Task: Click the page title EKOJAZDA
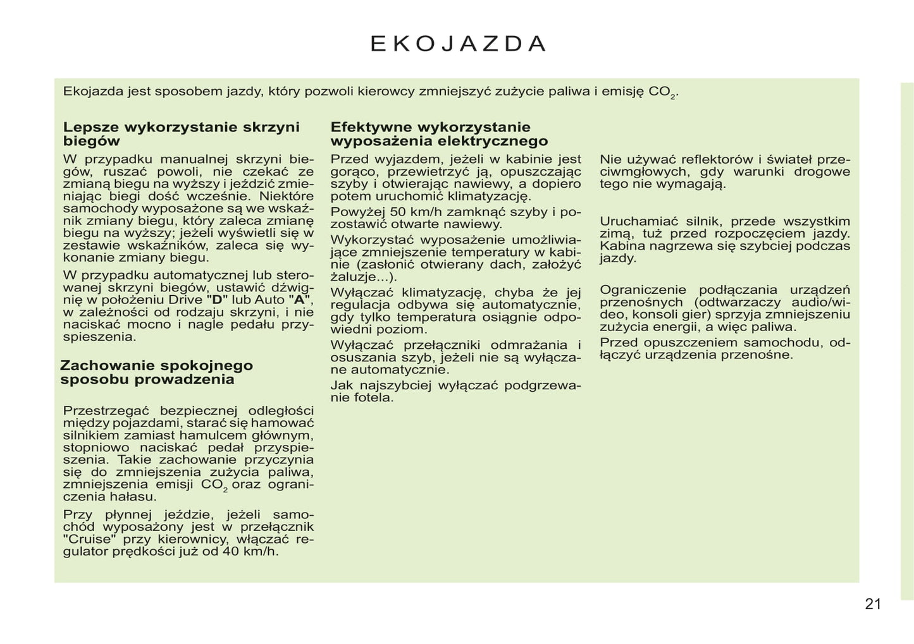pos(458,43)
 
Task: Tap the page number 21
pos(872,604)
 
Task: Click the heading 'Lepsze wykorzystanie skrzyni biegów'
pos(181,134)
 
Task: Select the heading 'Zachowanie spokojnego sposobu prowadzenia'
pos(156,372)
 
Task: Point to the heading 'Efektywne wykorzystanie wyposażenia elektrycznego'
pos(439,134)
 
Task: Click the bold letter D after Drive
pos(217,300)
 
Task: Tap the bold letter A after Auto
pos(299,300)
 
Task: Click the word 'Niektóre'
pos(287,196)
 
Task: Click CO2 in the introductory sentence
pos(662,92)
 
